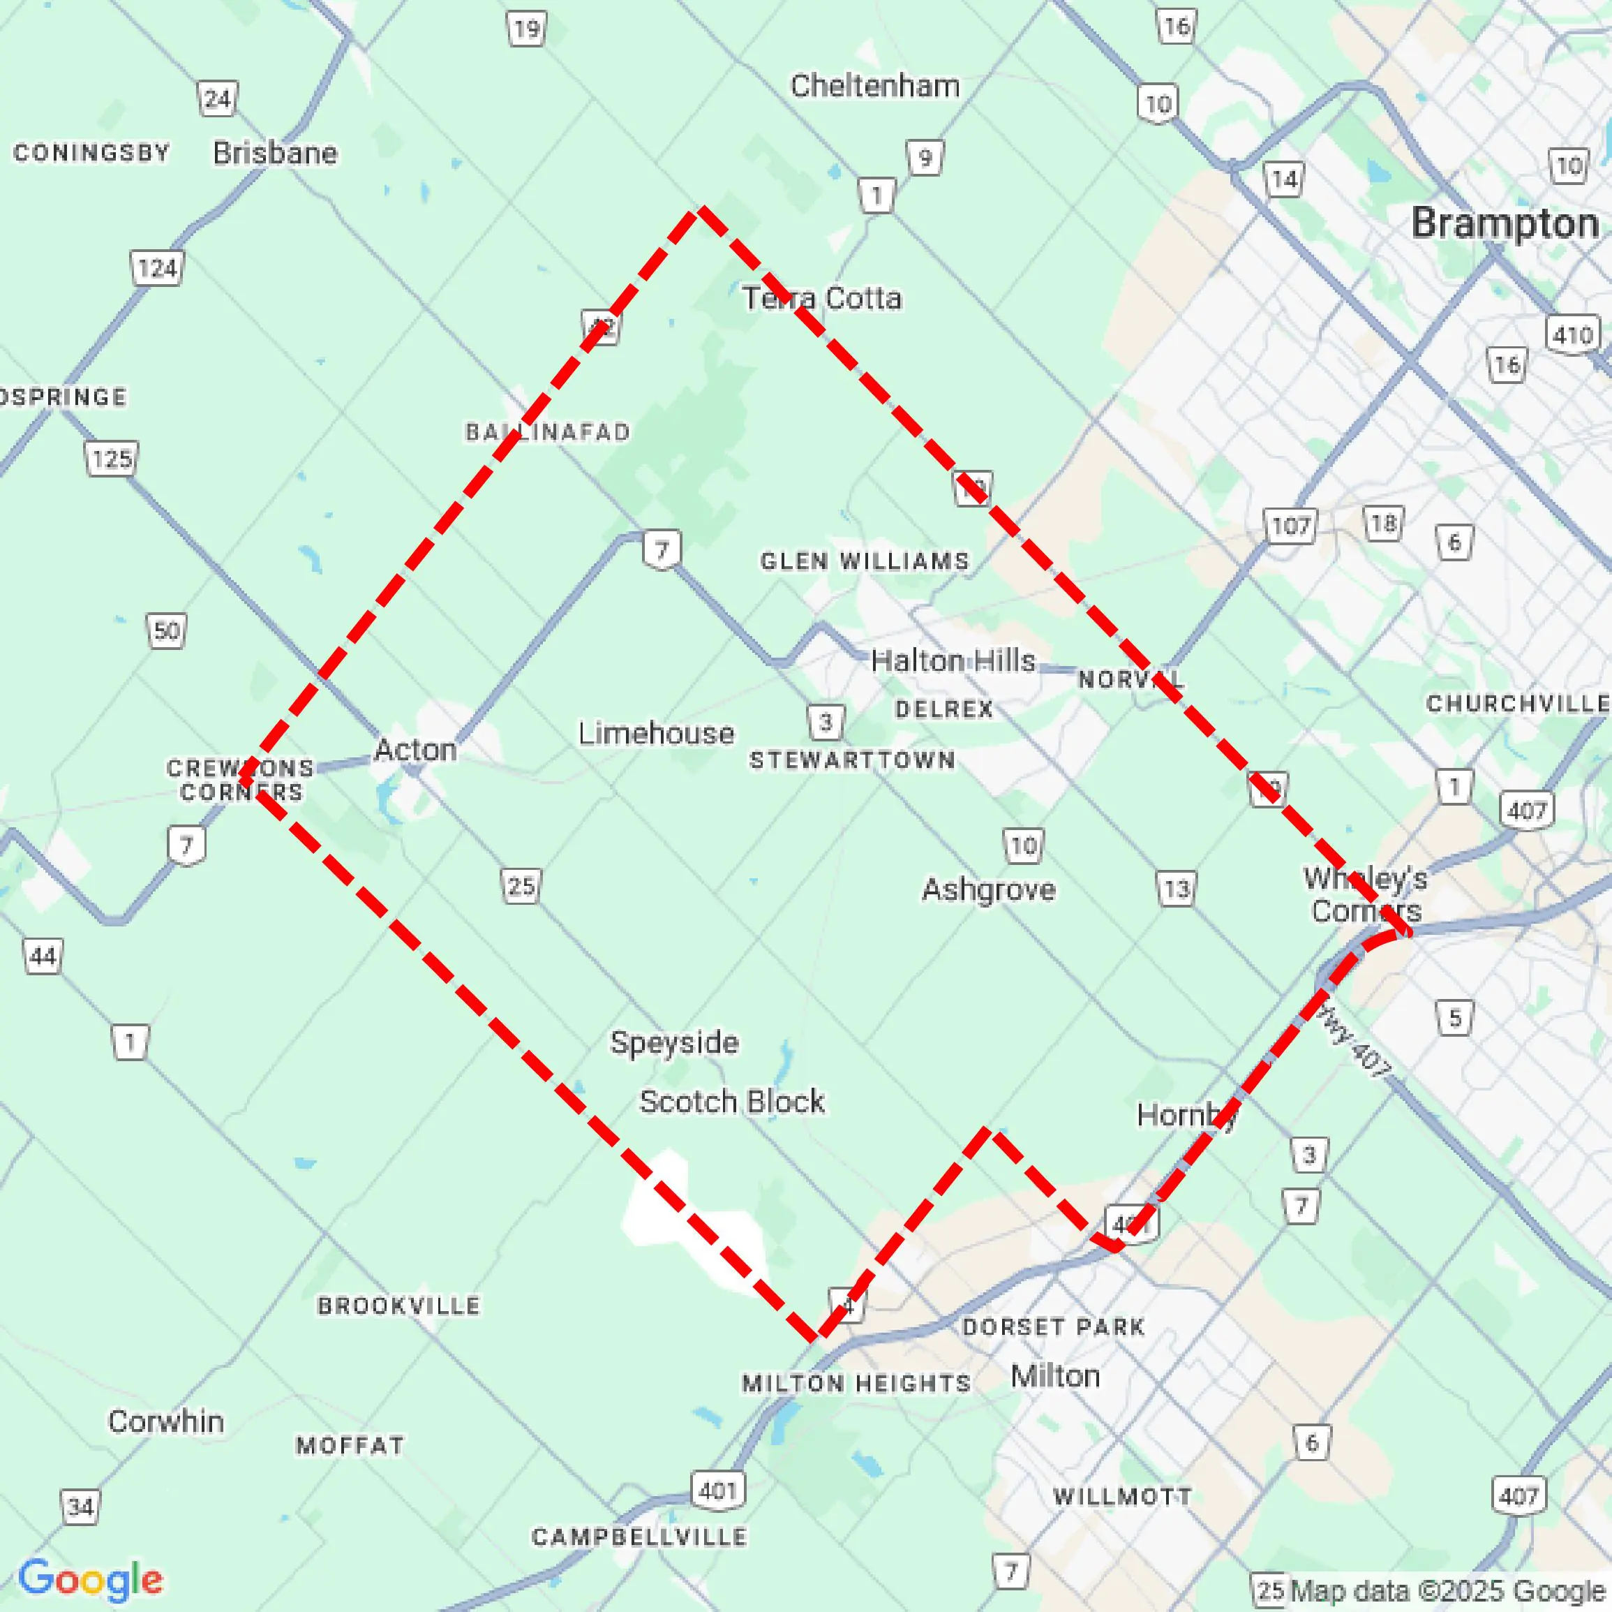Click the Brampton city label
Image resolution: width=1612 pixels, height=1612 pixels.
[1505, 223]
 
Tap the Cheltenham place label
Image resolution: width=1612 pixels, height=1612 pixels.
[874, 86]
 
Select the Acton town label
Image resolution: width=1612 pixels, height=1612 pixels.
[415, 750]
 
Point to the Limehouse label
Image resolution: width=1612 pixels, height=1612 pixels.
[657, 734]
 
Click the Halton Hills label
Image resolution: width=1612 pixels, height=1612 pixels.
[953, 661]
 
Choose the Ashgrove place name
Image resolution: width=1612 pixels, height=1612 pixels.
[988, 890]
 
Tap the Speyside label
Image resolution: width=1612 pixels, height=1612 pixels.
[674, 1042]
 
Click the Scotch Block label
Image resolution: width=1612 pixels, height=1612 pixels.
[732, 1102]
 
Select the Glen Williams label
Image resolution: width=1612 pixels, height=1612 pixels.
[865, 561]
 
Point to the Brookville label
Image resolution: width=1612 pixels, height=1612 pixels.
[399, 1306]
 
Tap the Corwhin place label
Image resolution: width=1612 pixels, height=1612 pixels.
[166, 1421]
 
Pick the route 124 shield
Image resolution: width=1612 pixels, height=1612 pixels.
[157, 269]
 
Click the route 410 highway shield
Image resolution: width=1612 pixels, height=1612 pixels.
[1573, 334]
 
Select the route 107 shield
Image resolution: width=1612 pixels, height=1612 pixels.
[1290, 526]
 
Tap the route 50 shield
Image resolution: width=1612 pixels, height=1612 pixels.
[166, 631]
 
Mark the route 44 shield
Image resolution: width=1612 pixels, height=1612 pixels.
[43, 956]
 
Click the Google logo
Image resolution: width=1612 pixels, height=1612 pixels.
[90, 1579]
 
